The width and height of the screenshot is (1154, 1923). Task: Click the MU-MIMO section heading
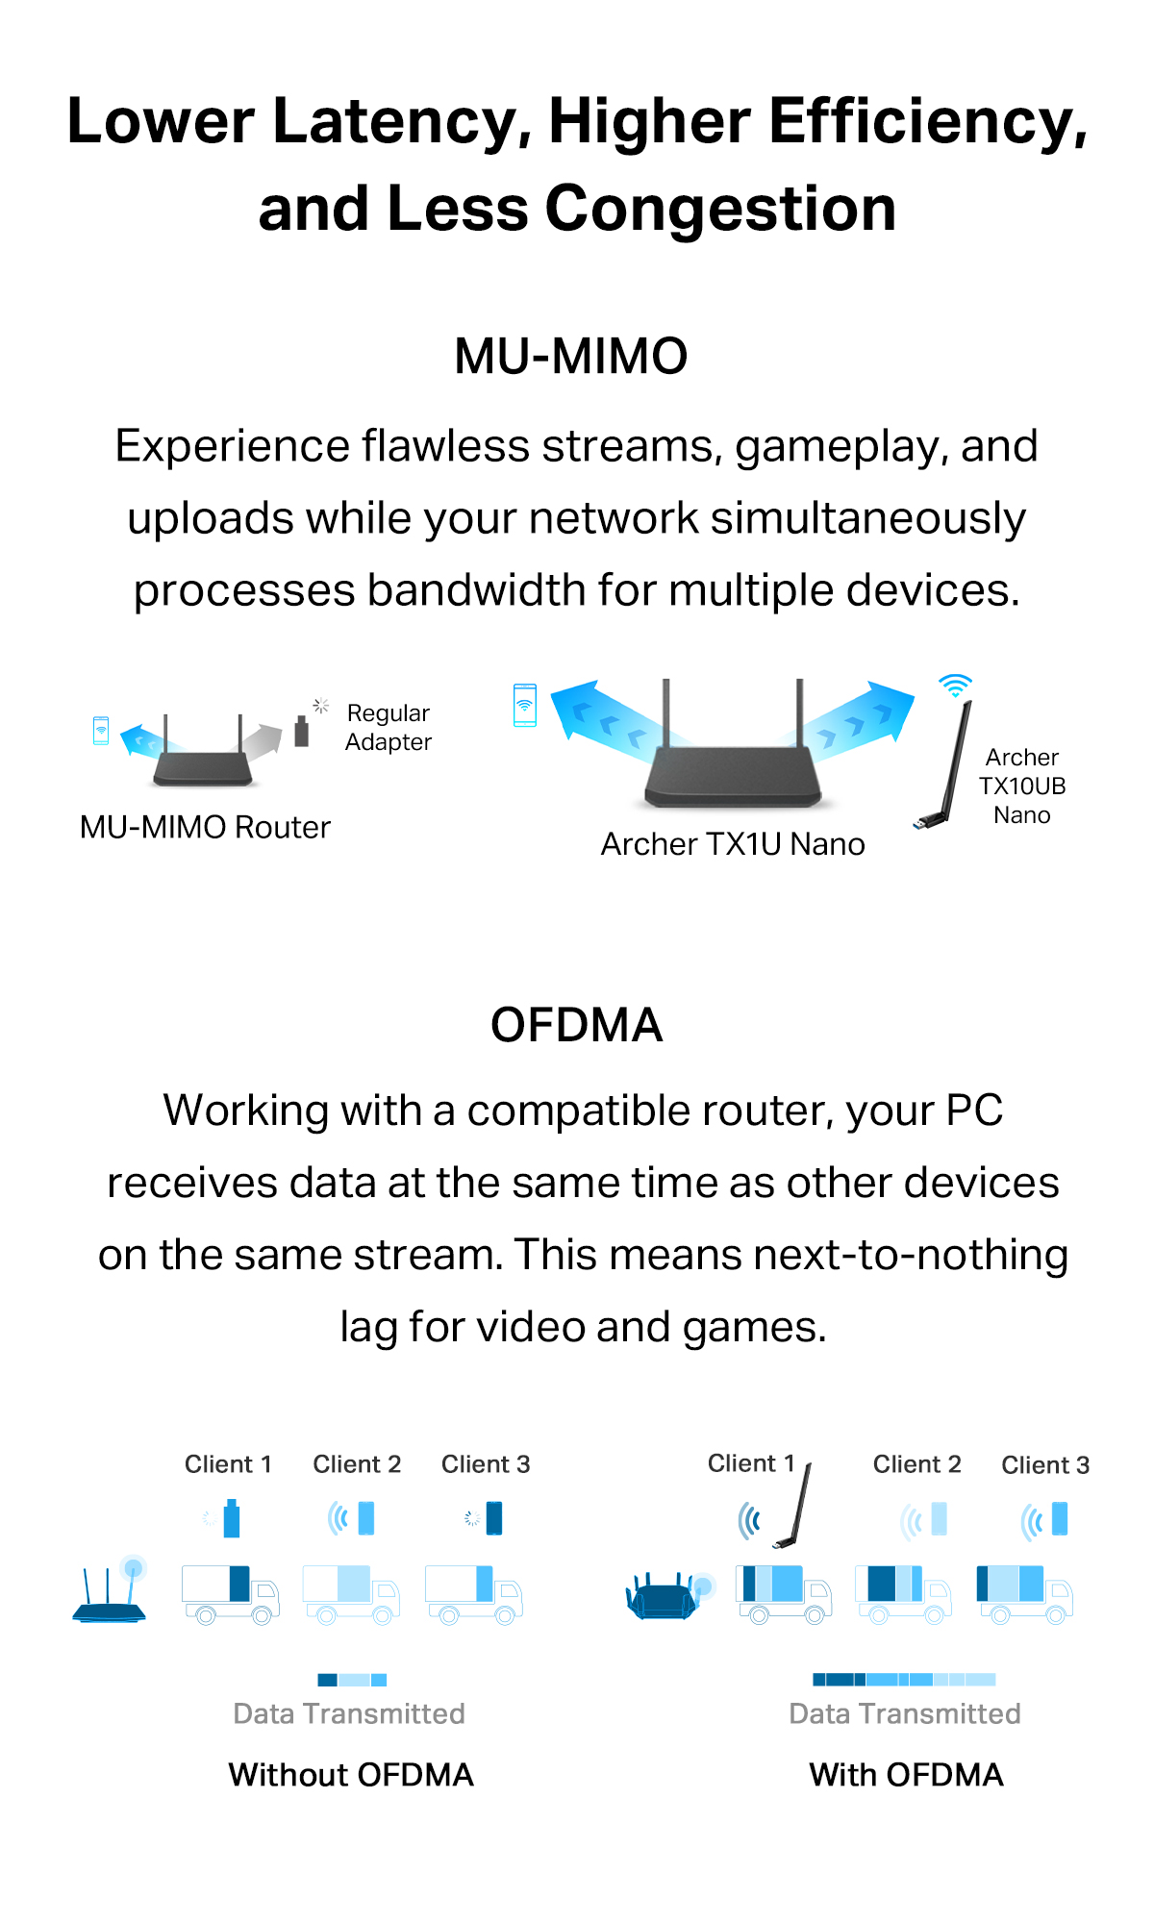click(x=571, y=357)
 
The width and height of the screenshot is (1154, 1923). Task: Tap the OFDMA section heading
click(x=576, y=1025)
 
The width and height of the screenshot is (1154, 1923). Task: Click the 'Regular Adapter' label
click(x=389, y=728)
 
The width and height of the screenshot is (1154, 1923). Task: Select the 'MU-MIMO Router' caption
click(x=205, y=828)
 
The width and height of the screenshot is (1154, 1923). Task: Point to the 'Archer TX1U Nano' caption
click(x=733, y=844)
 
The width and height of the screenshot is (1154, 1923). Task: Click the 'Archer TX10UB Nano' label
click(x=1022, y=787)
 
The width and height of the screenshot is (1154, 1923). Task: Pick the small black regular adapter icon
click(x=302, y=732)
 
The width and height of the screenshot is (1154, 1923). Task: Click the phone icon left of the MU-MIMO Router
click(x=101, y=731)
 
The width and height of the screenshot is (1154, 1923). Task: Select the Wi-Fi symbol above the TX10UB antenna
click(x=955, y=686)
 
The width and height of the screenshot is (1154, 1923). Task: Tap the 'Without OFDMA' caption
click(x=351, y=1775)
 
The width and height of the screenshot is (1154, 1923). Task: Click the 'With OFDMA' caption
click(x=906, y=1775)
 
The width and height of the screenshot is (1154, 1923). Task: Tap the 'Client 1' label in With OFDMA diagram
click(x=751, y=1463)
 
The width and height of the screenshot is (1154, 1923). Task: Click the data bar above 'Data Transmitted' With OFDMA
click(x=904, y=1680)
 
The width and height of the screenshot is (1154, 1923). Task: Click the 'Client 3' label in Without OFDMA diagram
click(x=486, y=1464)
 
